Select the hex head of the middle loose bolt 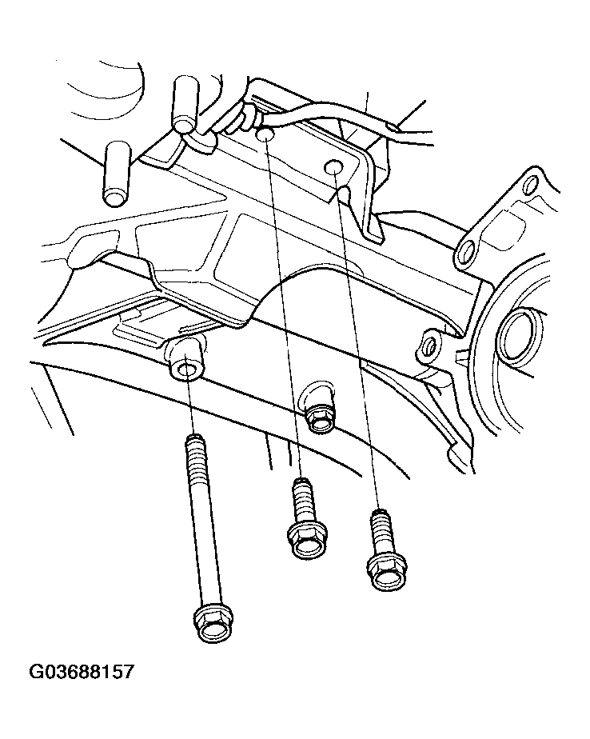coord(308,542)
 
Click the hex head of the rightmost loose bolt coord(386,572)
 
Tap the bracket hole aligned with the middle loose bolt coord(265,135)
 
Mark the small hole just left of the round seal coord(429,346)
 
